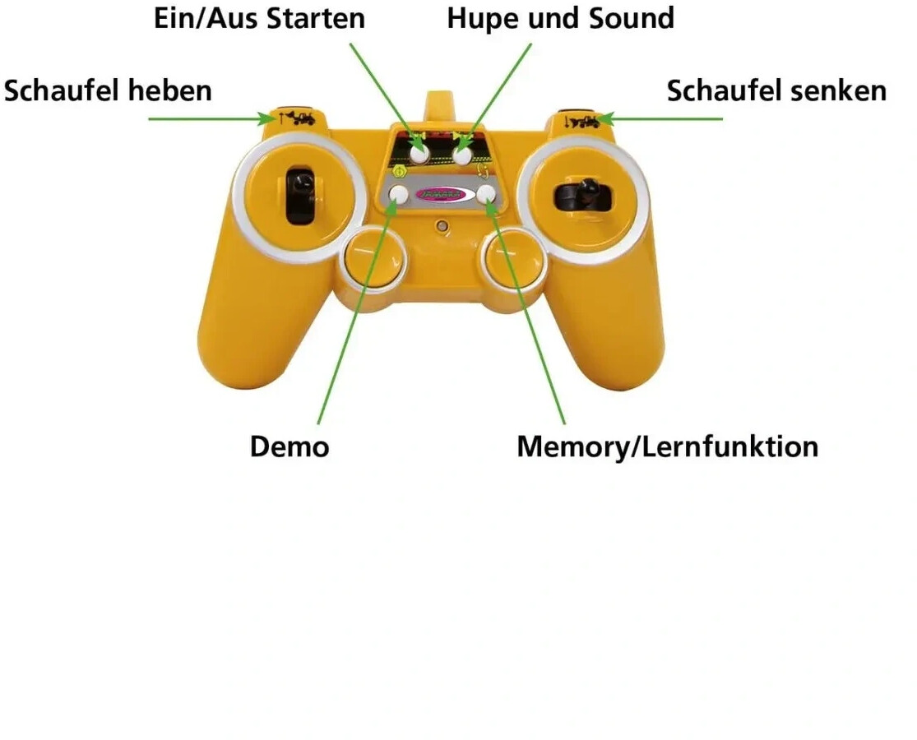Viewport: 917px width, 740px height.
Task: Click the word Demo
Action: [x=289, y=446]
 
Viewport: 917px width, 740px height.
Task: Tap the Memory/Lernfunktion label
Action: [x=667, y=446]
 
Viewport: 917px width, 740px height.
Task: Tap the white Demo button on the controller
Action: [x=399, y=195]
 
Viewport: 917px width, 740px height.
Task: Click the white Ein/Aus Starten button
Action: [x=420, y=153]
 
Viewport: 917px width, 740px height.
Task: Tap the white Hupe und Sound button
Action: [x=463, y=153]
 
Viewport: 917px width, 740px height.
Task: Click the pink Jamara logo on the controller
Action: [x=442, y=195]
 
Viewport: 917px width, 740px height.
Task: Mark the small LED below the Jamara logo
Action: [x=443, y=225]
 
